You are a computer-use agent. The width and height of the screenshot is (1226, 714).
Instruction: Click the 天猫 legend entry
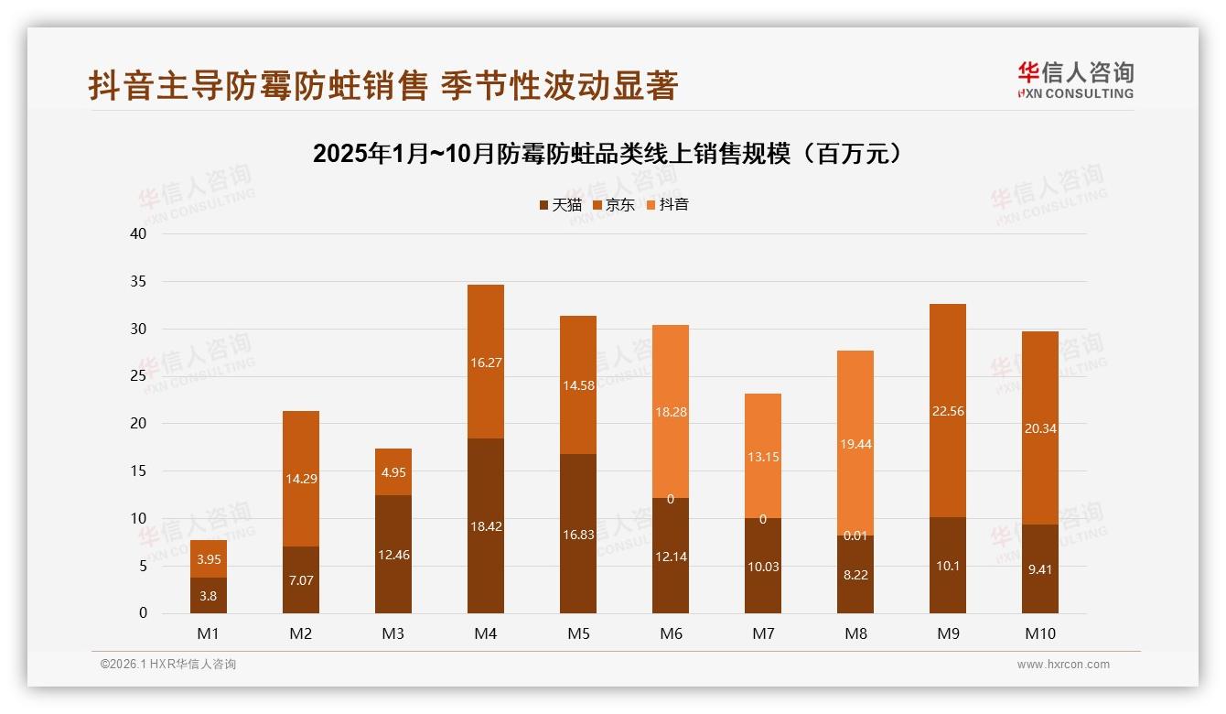click(x=560, y=205)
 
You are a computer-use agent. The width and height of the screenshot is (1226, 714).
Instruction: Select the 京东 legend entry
click(x=613, y=205)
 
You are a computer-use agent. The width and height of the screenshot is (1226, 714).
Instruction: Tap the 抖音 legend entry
click(x=667, y=205)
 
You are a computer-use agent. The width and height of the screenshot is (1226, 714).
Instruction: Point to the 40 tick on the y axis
click(x=138, y=234)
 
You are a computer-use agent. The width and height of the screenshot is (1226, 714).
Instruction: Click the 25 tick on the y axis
click(x=138, y=376)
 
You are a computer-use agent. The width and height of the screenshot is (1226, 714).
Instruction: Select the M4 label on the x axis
click(x=486, y=633)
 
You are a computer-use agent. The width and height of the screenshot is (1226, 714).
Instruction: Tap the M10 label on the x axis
click(x=1039, y=633)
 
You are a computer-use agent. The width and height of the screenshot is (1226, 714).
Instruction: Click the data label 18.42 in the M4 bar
click(x=486, y=526)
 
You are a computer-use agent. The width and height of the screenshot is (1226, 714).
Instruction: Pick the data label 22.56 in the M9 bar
click(x=948, y=411)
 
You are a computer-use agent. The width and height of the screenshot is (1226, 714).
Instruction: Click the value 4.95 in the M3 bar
click(x=393, y=473)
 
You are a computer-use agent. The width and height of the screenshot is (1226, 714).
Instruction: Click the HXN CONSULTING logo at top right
click(x=1075, y=80)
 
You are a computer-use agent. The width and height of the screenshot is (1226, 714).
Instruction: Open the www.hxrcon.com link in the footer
click(x=1063, y=665)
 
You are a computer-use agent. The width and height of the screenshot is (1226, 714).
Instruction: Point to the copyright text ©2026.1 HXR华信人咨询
click(x=168, y=665)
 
